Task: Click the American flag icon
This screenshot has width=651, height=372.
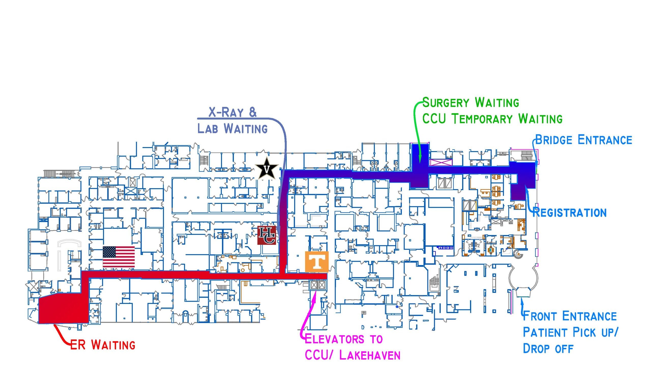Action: click(x=119, y=257)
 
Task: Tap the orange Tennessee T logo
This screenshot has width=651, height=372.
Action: click(x=317, y=262)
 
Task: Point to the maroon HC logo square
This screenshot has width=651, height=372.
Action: click(x=267, y=235)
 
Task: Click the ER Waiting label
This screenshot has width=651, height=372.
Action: click(x=102, y=345)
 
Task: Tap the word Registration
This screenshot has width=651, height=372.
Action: click(x=570, y=213)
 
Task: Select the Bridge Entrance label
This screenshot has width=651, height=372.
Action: click(x=584, y=140)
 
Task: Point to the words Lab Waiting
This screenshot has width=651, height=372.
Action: click(x=232, y=128)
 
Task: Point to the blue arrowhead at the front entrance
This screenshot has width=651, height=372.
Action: click(x=522, y=301)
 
